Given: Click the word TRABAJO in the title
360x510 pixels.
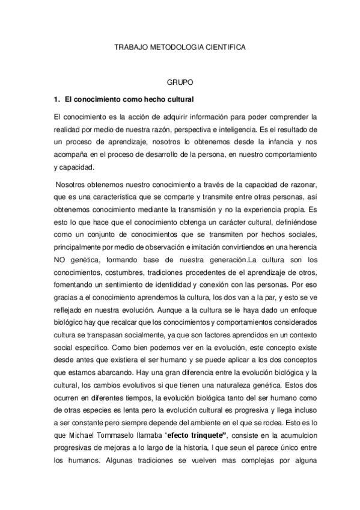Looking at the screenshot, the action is point(129,45).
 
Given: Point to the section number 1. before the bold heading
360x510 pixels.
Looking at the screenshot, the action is point(58,97).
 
